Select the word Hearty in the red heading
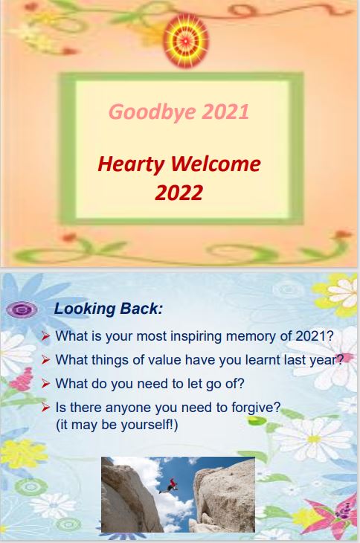click(x=131, y=165)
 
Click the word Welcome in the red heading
click(x=215, y=164)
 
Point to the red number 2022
click(x=179, y=193)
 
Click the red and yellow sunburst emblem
click(x=186, y=41)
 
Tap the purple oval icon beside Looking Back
click(x=22, y=309)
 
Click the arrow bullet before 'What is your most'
click(x=45, y=336)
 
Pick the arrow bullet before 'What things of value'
click(x=45, y=360)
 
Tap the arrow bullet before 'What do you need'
click(x=45, y=384)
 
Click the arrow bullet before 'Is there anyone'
click(x=45, y=408)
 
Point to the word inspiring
click(x=196, y=337)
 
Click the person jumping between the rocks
click(x=169, y=486)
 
